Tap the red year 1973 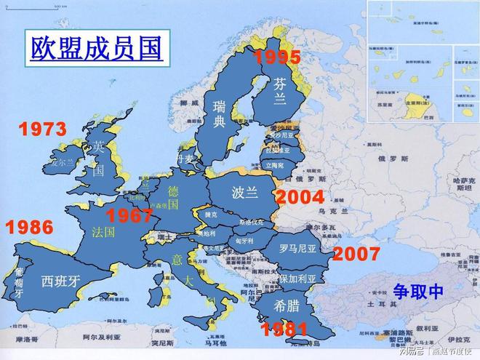pos(42,129)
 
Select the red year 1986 pos(30,227)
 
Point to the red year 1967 pos(129,215)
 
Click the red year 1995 pos(276,57)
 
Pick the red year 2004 pos(300,197)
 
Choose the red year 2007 pos(356,254)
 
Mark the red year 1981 pos(284,329)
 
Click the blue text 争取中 pos(418,291)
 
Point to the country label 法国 pos(104,233)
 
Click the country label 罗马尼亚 pos(299,247)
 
